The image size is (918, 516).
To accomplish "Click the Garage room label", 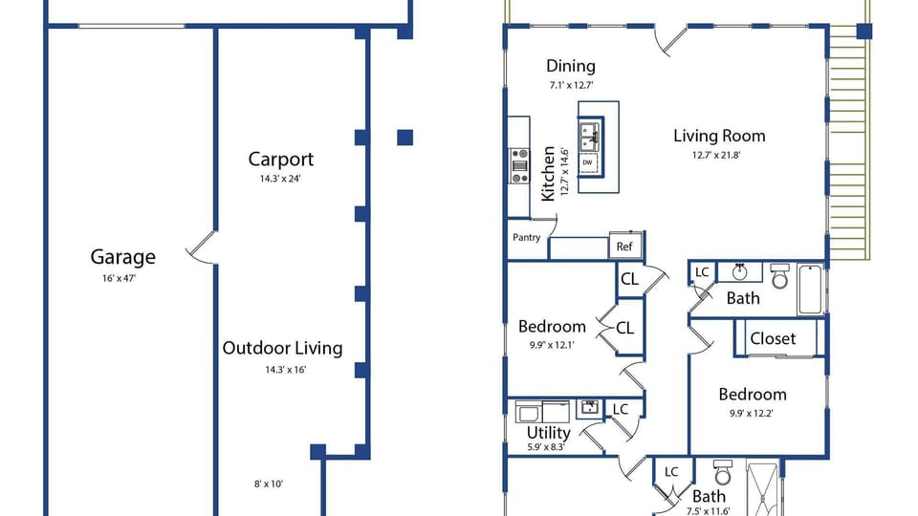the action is click(x=123, y=257).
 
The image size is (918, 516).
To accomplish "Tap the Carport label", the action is click(x=281, y=160).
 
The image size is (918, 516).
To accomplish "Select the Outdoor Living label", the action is click(x=282, y=348).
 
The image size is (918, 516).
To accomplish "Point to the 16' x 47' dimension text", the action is click(x=119, y=278).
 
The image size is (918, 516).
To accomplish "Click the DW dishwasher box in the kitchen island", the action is click(x=588, y=163).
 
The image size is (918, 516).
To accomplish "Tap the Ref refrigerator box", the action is click(x=624, y=247).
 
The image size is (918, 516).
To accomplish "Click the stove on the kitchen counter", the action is click(x=518, y=165).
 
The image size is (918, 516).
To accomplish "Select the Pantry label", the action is click(x=526, y=238).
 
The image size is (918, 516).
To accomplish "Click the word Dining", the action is click(x=571, y=66).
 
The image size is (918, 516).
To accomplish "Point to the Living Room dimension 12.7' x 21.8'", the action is click(x=716, y=156).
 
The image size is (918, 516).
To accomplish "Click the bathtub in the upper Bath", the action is click(x=811, y=290).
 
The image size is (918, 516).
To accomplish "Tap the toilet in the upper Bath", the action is click(x=780, y=276).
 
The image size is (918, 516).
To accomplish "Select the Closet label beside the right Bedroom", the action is click(x=773, y=338).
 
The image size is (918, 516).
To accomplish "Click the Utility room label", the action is click(x=549, y=433).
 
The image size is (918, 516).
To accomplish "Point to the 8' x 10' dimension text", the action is click(x=269, y=484).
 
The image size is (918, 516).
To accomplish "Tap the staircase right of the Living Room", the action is click(x=849, y=142).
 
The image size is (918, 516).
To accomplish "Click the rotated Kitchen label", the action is click(x=548, y=174).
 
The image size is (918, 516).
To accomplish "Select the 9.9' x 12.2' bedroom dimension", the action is click(x=752, y=414).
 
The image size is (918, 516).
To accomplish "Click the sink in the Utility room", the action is click(x=588, y=408).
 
